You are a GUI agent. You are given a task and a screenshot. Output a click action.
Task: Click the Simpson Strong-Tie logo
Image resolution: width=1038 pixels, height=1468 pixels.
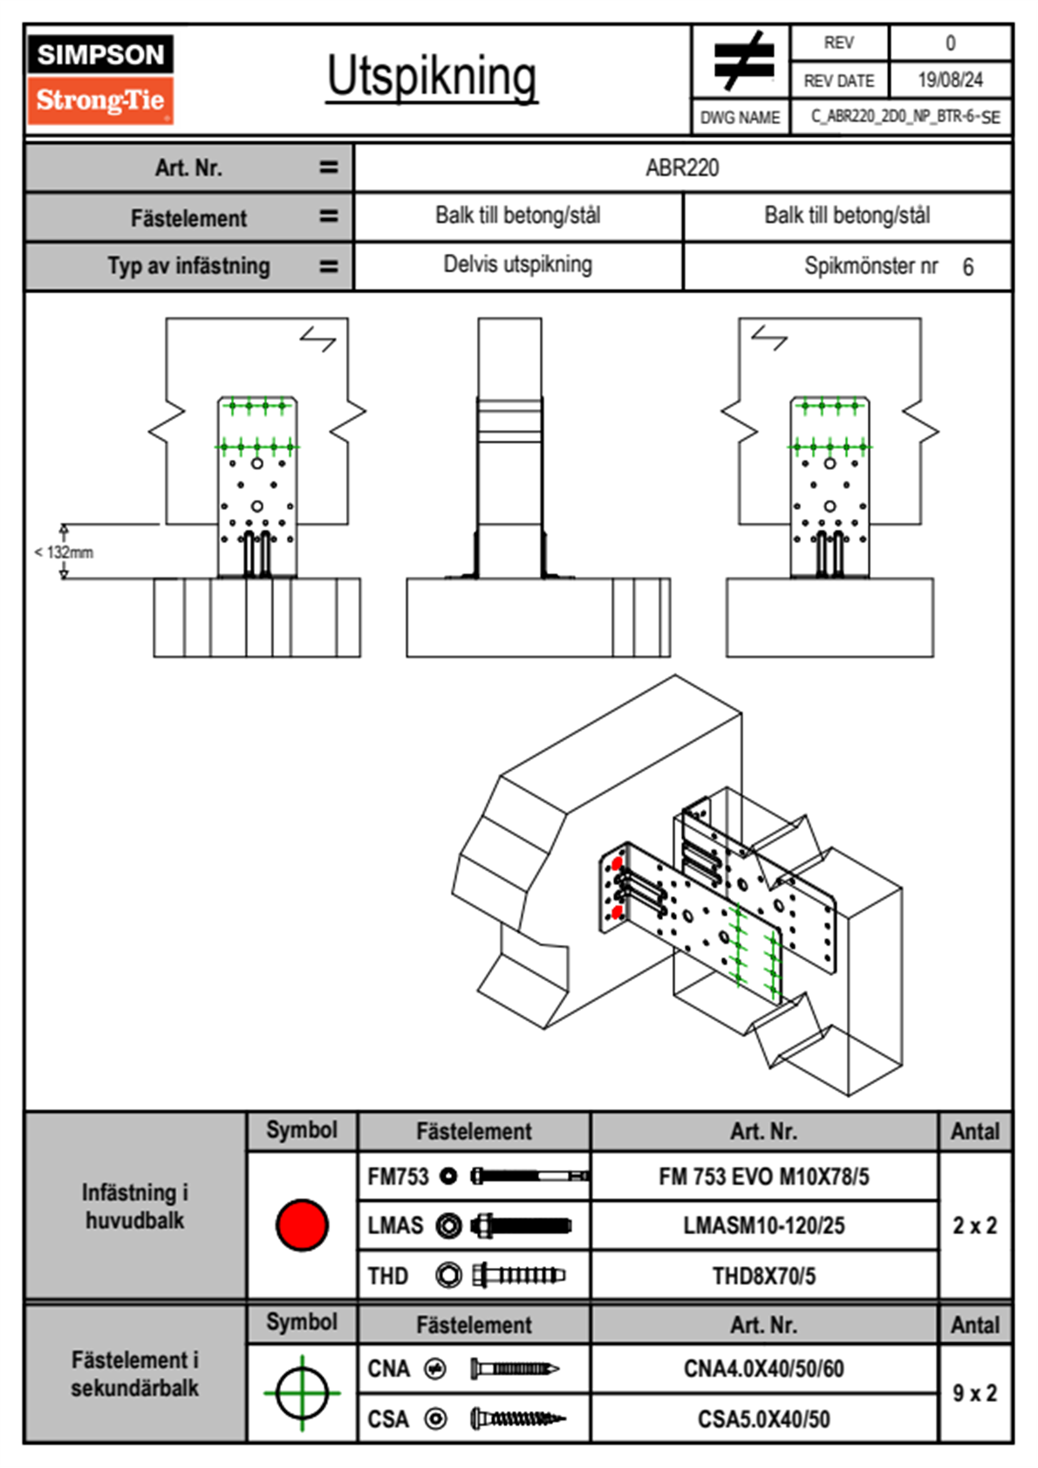(x=100, y=79)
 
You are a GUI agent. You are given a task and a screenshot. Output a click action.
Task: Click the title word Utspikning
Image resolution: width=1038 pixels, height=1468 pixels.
(x=432, y=77)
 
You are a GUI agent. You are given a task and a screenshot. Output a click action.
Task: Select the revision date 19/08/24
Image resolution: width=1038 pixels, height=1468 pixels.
(x=950, y=80)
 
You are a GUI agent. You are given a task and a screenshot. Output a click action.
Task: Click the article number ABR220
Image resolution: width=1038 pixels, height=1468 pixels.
(x=682, y=168)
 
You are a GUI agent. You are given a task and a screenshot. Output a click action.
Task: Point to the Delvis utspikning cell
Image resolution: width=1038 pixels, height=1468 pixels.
(x=517, y=264)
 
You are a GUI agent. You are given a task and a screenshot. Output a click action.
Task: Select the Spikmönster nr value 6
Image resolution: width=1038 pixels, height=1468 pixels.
(x=967, y=267)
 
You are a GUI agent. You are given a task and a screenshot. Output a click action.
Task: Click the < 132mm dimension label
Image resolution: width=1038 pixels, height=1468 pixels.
(x=64, y=552)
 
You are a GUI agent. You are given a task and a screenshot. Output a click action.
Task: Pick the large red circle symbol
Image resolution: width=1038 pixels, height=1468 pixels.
(x=302, y=1224)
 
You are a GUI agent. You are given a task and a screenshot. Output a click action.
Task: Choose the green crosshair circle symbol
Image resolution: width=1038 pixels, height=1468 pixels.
(x=302, y=1393)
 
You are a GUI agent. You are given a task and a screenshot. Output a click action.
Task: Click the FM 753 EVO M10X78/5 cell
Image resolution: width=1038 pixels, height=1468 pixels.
(x=763, y=1176)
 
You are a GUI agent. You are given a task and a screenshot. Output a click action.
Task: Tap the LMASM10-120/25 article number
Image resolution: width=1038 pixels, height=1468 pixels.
(x=763, y=1225)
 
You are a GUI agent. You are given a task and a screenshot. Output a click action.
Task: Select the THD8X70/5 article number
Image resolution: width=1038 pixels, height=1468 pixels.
(x=763, y=1276)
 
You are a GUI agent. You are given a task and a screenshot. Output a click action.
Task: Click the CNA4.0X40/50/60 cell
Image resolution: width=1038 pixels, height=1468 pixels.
(x=763, y=1369)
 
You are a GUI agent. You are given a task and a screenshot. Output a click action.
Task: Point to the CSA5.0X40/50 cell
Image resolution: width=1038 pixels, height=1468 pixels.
(x=763, y=1419)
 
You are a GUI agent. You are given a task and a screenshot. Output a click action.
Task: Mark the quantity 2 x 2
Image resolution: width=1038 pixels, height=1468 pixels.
(x=974, y=1225)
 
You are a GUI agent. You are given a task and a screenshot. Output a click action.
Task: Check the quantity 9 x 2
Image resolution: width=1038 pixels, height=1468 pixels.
(x=974, y=1393)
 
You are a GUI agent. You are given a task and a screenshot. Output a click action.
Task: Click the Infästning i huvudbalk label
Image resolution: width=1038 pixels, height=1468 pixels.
(x=135, y=1206)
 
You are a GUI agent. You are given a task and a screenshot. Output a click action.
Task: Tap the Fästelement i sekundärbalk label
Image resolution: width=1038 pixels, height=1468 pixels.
(x=135, y=1374)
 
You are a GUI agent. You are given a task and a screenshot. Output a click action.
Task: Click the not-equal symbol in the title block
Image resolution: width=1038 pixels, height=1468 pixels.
(x=742, y=61)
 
